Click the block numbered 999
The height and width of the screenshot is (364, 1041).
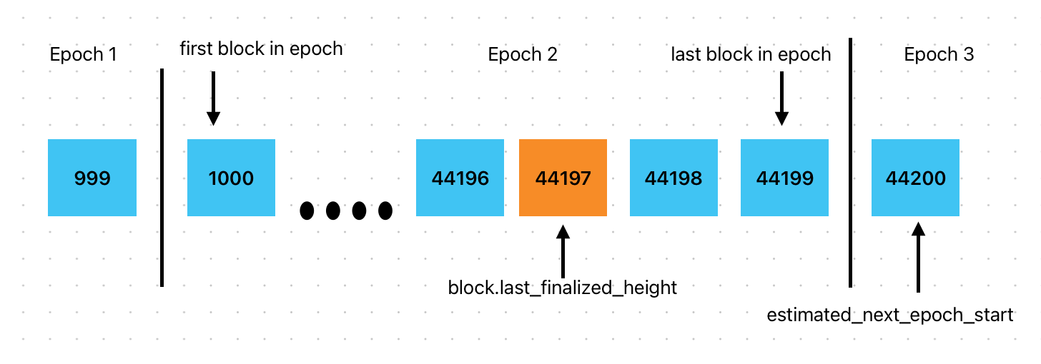(92, 178)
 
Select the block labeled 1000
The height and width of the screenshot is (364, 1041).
(231, 178)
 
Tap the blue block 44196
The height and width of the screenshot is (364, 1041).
(460, 178)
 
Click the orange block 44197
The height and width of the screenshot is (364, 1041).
(563, 178)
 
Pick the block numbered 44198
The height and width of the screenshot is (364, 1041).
(674, 178)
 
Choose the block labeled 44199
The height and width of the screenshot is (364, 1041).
(784, 178)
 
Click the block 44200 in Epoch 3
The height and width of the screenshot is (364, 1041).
(915, 178)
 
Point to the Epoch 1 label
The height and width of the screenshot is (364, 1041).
(83, 55)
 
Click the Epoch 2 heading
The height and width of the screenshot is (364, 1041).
(523, 55)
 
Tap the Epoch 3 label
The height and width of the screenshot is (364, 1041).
(939, 55)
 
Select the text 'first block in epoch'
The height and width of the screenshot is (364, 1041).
(261, 49)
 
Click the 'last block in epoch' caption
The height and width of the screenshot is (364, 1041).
(751, 55)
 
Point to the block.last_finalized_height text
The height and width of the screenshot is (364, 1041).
(562, 288)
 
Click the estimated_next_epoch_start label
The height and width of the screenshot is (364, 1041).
(890, 315)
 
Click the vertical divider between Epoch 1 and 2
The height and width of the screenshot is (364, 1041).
(162, 178)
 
